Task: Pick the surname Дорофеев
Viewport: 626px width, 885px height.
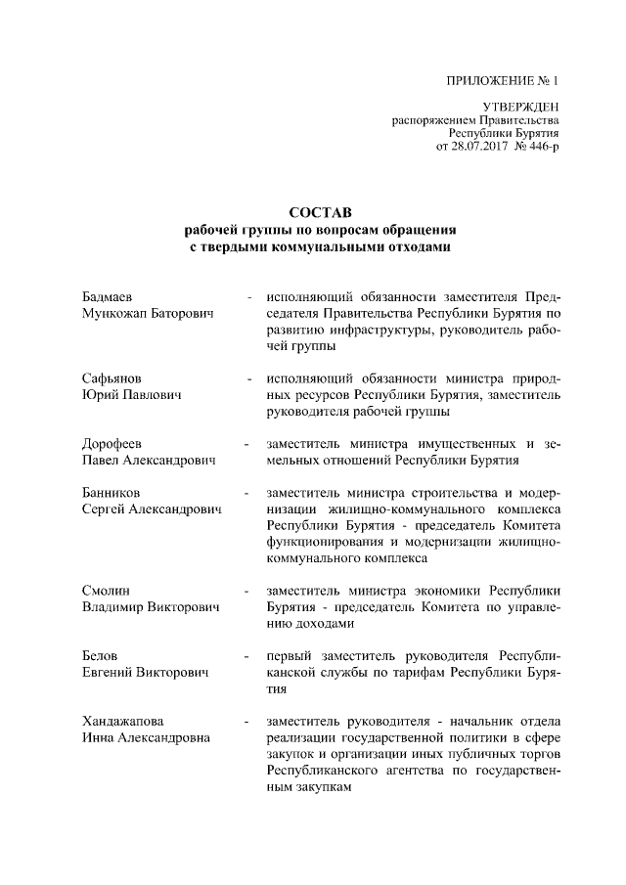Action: (x=113, y=444)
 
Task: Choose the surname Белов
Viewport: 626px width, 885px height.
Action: (x=103, y=655)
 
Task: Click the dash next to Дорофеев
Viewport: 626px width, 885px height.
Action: (x=250, y=444)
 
